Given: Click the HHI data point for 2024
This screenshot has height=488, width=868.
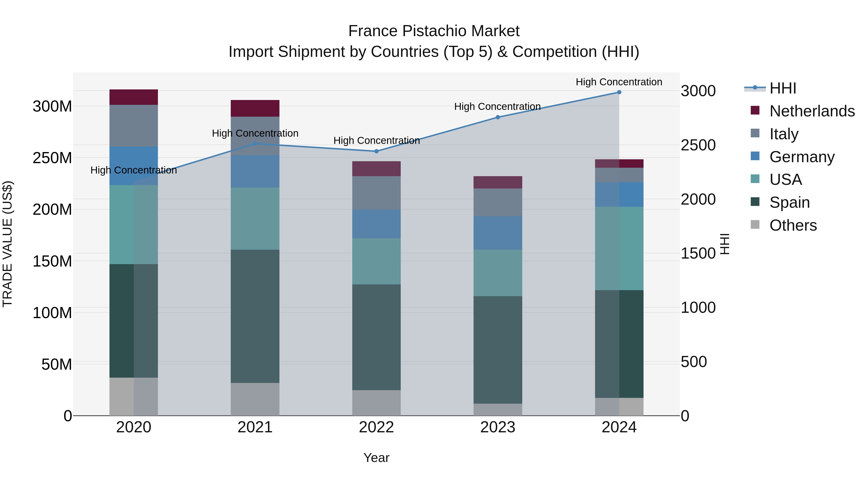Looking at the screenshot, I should coord(619,92).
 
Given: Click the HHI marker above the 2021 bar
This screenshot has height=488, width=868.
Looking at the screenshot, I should coord(255,144).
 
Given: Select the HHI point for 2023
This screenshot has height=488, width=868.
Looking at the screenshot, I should coord(498,117).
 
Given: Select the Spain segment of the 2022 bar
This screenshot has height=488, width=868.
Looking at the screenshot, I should coord(376,337).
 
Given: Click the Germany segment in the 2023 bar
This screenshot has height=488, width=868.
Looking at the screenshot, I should coord(498,233).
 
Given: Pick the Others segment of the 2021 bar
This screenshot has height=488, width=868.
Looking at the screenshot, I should coord(255,399).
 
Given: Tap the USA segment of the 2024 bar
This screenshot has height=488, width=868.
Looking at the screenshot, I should coord(619,248).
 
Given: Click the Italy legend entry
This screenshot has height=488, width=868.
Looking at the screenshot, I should coord(784,134).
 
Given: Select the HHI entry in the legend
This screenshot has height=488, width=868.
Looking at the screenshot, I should coord(782,88).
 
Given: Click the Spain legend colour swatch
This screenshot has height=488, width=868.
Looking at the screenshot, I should coord(755,202).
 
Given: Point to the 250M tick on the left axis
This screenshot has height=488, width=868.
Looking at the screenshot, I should coord(52,158).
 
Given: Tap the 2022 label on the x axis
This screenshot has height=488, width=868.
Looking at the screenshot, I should coord(376,427).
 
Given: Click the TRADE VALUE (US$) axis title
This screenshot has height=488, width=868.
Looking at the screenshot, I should coord(7,244).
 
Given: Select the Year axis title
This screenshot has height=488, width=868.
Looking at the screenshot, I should coord(376,458).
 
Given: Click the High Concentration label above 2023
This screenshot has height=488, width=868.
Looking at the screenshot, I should coord(497,107).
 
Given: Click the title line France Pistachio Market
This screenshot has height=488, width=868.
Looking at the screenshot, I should coord(434,31).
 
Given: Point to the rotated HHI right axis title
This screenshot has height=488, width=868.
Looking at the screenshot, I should coord(725,244).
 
